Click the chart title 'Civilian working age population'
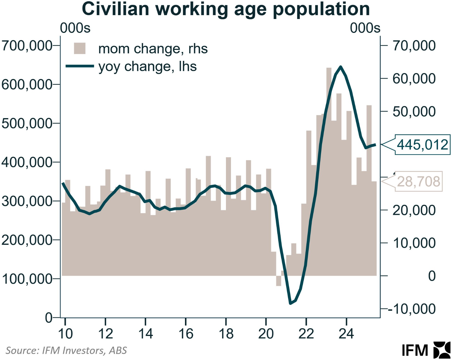click(226, 9)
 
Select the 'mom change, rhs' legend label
click(153, 49)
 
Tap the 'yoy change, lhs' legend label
click(147, 66)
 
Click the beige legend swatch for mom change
click(80, 48)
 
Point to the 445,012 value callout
click(422, 145)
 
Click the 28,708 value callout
click(418, 181)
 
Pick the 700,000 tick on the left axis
click(27, 46)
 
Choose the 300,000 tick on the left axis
click(27, 201)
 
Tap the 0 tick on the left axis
click(49, 318)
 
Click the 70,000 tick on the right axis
click(414, 46)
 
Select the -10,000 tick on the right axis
click(412, 309)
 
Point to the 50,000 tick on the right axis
click(414, 112)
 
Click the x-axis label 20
click(266, 334)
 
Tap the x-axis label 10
click(65, 334)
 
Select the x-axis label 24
click(346, 334)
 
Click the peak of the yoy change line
click(341, 67)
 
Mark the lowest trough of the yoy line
click(290, 303)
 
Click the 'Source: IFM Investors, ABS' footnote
click(66, 351)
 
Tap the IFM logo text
click(415, 351)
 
